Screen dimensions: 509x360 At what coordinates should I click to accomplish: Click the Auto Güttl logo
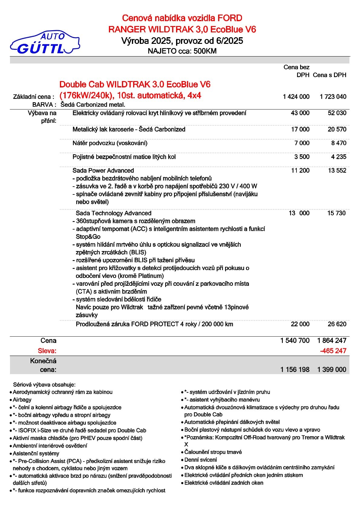(x=45, y=43)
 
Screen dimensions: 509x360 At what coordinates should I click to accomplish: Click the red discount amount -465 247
(x=333, y=351)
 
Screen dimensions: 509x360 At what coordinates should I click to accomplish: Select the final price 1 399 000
(x=332, y=369)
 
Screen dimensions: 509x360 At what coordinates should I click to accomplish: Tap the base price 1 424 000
(x=296, y=97)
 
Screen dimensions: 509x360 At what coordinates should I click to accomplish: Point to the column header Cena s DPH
(x=329, y=75)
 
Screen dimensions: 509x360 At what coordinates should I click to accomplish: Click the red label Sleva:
(x=47, y=351)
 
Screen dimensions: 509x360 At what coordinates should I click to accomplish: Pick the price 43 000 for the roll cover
(x=300, y=113)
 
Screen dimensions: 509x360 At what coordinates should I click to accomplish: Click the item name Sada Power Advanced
(x=103, y=171)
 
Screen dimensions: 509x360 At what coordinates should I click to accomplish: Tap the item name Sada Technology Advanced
(x=113, y=213)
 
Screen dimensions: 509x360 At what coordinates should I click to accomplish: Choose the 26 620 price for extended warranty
(x=337, y=324)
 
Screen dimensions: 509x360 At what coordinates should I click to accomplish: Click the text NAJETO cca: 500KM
(x=182, y=51)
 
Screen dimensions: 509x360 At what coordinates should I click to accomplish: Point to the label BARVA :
(x=44, y=105)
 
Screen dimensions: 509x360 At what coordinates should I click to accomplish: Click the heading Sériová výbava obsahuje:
(x=44, y=385)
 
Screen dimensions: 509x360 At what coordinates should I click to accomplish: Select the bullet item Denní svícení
(x=201, y=460)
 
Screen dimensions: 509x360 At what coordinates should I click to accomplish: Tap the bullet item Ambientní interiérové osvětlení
(x=50, y=445)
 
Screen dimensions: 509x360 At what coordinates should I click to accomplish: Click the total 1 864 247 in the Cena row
(x=332, y=341)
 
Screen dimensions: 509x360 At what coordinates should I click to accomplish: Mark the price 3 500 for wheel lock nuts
(x=302, y=157)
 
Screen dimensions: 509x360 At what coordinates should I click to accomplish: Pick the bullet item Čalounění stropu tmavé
(x=213, y=452)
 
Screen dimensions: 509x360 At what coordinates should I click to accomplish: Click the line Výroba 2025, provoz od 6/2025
(x=182, y=41)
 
